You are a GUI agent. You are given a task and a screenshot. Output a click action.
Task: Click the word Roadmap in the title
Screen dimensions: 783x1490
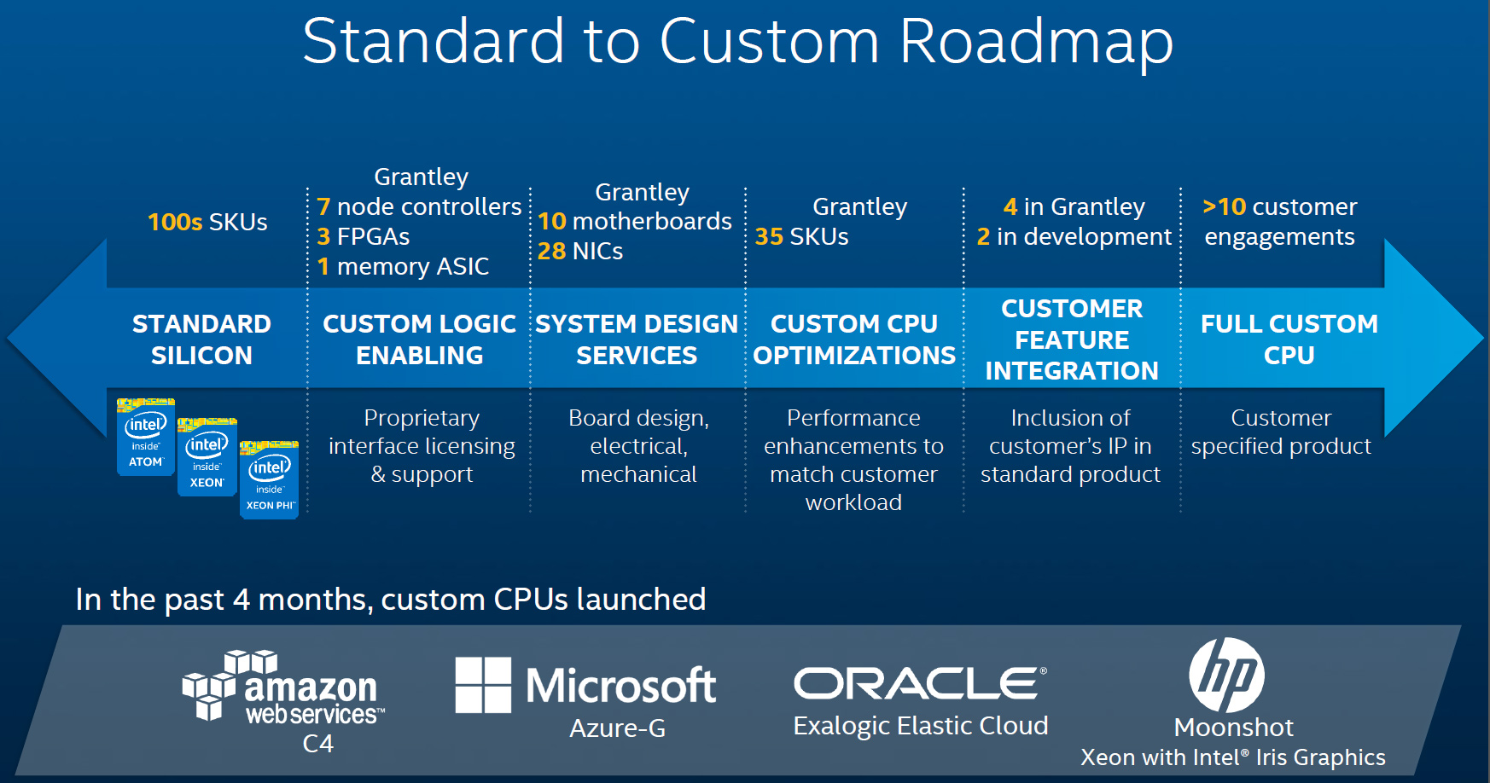[x=1036, y=43]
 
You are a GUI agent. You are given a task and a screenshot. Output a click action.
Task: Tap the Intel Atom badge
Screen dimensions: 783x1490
[x=146, y=436]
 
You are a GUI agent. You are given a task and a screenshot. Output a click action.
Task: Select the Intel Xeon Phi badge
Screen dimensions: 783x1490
[x=270, y=480]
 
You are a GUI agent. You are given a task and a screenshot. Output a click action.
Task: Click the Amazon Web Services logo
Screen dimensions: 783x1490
[x=282, y=687]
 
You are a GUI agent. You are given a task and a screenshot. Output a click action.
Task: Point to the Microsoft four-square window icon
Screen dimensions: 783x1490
[x=483, y=685]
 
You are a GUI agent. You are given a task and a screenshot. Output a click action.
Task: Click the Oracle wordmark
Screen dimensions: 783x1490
[x=920, y=683]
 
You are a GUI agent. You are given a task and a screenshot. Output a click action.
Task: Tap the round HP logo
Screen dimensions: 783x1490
[x=1226, y=676]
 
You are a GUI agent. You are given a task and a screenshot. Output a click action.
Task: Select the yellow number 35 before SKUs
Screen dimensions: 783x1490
[x=769, y=236]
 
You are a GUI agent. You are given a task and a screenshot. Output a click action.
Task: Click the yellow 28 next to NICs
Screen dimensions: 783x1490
[x=551, y=251]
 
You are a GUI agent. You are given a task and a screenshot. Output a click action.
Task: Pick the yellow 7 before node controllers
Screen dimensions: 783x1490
[x=323, y=206]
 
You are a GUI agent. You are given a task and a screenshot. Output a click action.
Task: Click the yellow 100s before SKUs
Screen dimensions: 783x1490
[x=175, y=222]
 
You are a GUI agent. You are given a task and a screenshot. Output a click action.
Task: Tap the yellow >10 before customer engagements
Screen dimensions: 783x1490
[x=1224, y=206]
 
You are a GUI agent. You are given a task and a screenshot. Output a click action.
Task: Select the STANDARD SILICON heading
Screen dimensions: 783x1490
[x=201, y=339]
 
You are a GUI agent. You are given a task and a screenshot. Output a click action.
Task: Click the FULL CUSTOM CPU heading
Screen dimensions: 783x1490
[x=1289, y=339]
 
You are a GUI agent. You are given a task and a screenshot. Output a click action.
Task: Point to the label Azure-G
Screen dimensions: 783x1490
[x=617, y=728]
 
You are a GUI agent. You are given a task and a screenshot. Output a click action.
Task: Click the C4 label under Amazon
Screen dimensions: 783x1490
[x=317, y=744]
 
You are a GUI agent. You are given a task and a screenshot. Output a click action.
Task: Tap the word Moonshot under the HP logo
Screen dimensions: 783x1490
[x=1233, y=728]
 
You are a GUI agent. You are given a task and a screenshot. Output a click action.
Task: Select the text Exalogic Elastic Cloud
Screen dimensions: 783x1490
[x=920, y=726]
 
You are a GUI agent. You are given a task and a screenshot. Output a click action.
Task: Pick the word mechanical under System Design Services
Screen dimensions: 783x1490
[x=638, y=474]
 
